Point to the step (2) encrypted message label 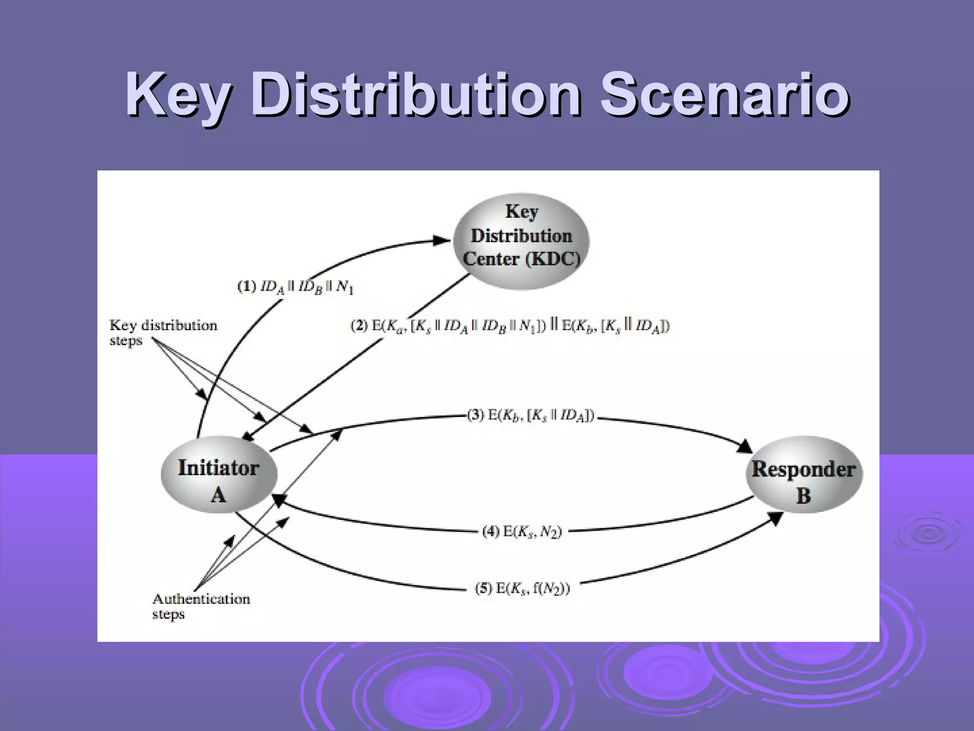[510, 326]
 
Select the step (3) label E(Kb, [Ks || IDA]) [531, 415]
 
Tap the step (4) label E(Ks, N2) [522, 531]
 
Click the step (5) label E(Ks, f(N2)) [522, 589]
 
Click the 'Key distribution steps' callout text [163, 333]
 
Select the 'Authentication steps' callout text [201, 605]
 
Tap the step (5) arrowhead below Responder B [776, 519]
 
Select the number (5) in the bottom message [484, 589]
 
